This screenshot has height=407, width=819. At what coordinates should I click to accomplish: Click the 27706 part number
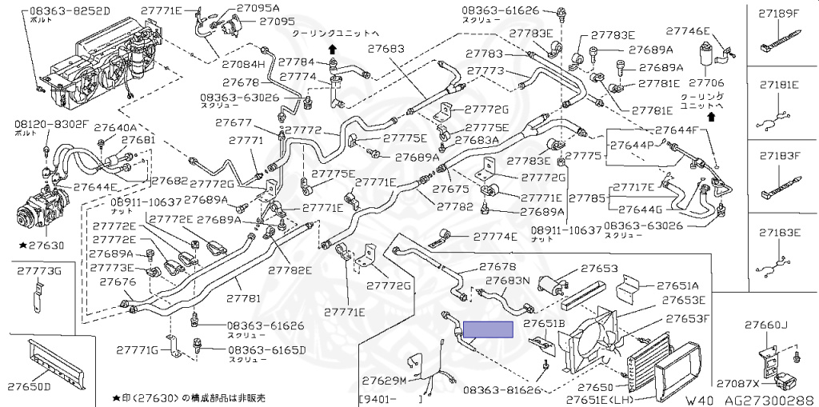(x=705, y=82)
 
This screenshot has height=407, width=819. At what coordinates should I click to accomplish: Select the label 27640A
(x=116, y=127)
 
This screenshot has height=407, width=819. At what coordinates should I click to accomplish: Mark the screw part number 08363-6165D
(x=266, y=350)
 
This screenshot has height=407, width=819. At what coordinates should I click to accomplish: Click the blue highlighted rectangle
(x=488, y=329)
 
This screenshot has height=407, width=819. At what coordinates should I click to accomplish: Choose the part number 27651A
(x=677, y=285)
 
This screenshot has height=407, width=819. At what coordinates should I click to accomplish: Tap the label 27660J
(x=766, y=325)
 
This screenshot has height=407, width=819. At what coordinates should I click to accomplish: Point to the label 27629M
(x=384, y=380)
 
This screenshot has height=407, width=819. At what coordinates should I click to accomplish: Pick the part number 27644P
(x=632, y=146)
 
